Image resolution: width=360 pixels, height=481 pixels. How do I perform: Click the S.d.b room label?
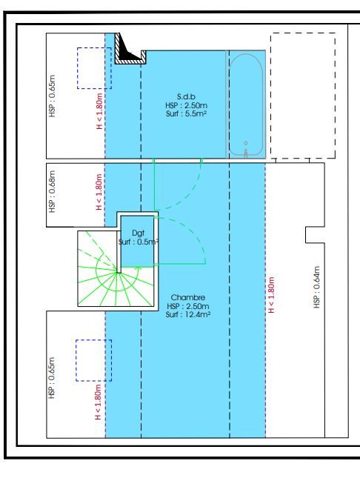pos(186,96)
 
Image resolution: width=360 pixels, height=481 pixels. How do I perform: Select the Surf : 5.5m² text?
pos(186,114)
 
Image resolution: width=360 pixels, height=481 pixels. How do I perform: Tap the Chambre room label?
pos(188,297)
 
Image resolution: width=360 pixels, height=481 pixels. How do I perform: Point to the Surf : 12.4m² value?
pos(188,314)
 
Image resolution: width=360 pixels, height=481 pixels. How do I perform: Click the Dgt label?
pos(138,233)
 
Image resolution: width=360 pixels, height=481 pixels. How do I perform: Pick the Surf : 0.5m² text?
pos(139,242)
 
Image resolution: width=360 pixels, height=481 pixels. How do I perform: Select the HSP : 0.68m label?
pos(52,191)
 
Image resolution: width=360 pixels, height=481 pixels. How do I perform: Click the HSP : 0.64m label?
pos(317,287)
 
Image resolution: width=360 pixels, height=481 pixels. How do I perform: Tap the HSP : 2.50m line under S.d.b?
pos(186,105)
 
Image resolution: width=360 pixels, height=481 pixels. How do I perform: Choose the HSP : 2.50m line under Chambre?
pos(188,306)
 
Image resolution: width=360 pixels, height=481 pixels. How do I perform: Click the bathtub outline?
pos(246,54)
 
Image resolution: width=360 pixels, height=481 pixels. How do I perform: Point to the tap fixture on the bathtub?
pos(246,150)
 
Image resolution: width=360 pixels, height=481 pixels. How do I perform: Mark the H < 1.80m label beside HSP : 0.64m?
pos(271,295)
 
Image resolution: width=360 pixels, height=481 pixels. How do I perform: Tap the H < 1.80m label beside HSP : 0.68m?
pos(99,193)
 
